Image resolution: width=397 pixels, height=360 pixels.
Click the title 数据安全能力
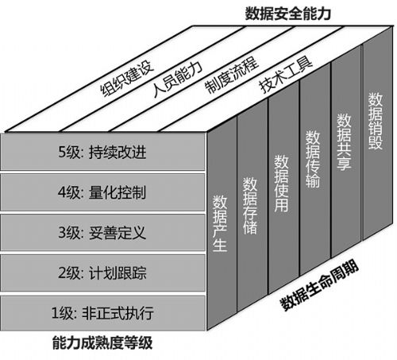coord(287,14)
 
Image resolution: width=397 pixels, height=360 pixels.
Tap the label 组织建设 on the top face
coord(126,78)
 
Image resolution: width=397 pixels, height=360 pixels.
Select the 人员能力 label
coord(178,78)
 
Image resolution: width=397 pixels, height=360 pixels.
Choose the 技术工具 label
coord(286,75)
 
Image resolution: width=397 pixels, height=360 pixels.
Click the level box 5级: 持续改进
coord(102,152)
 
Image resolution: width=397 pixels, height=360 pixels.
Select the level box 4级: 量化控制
coord(102,192)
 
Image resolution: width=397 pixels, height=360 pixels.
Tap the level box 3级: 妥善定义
coord(102,232)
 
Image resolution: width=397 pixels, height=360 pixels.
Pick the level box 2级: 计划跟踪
coord(102,273)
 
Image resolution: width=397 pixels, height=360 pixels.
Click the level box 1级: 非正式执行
coord(102,313)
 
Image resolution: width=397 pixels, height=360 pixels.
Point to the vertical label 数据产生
coord(220,223)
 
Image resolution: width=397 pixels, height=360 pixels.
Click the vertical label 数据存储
coord(250,206)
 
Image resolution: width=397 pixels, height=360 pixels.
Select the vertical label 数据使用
coord(281,184)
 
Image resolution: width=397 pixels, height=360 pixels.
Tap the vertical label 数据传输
coord(313,159)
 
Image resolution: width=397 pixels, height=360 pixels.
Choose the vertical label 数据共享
coord(344,141)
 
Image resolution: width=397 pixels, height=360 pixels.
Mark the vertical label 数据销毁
coord(376,121)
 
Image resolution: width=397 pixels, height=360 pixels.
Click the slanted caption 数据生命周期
coord(320,285)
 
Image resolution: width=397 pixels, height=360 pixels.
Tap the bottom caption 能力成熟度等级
coord(102,343)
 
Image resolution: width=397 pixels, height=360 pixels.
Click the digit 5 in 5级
coord(62,152)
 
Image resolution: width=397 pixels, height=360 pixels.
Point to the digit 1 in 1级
coord(55,313)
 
